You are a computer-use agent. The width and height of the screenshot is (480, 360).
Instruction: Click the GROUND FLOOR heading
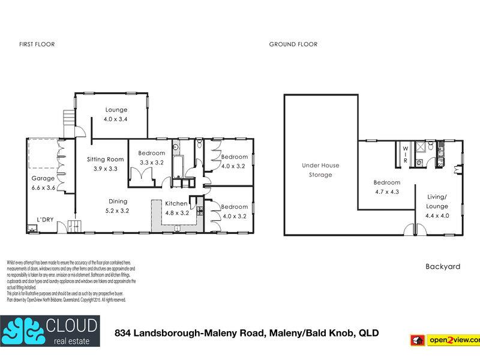(x=293, y=44)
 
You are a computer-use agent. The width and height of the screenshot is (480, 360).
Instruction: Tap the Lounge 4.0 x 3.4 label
(x=116, y=114)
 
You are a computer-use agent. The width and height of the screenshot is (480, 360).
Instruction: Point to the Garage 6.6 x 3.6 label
(x=43, y=183)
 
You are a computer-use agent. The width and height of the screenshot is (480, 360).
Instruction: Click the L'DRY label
(x=46, y=220)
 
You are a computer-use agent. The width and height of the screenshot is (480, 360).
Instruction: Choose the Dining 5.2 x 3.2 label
(x=118, y=206)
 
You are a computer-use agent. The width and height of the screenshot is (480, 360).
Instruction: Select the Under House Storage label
(x=320, y=170)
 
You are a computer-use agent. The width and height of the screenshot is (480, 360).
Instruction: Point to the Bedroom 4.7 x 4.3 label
(x=386, y=187)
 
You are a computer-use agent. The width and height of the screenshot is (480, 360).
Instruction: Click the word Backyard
(x=442, y=266)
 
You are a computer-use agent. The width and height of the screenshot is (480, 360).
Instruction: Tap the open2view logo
(x=445, y=340)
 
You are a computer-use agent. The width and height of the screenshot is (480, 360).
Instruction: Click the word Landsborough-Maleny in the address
(x=200, y=332)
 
